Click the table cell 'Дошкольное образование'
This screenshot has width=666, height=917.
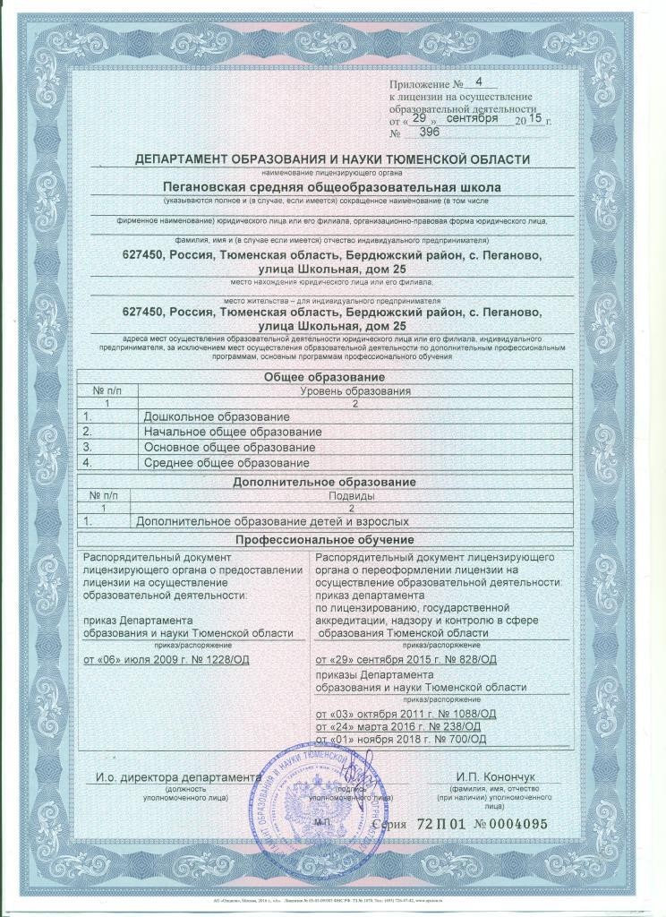click(217, 417)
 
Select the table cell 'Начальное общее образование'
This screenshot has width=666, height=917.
click(232, 433)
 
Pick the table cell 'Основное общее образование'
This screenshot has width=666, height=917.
click(228, 448)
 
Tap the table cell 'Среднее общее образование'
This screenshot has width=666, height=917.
click(226, 463)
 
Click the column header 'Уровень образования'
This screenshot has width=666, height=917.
click(356, 391)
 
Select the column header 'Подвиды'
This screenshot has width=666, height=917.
click(353, 494)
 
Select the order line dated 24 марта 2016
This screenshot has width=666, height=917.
click(401, 726)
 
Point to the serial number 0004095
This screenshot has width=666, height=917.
click(511, 824)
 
